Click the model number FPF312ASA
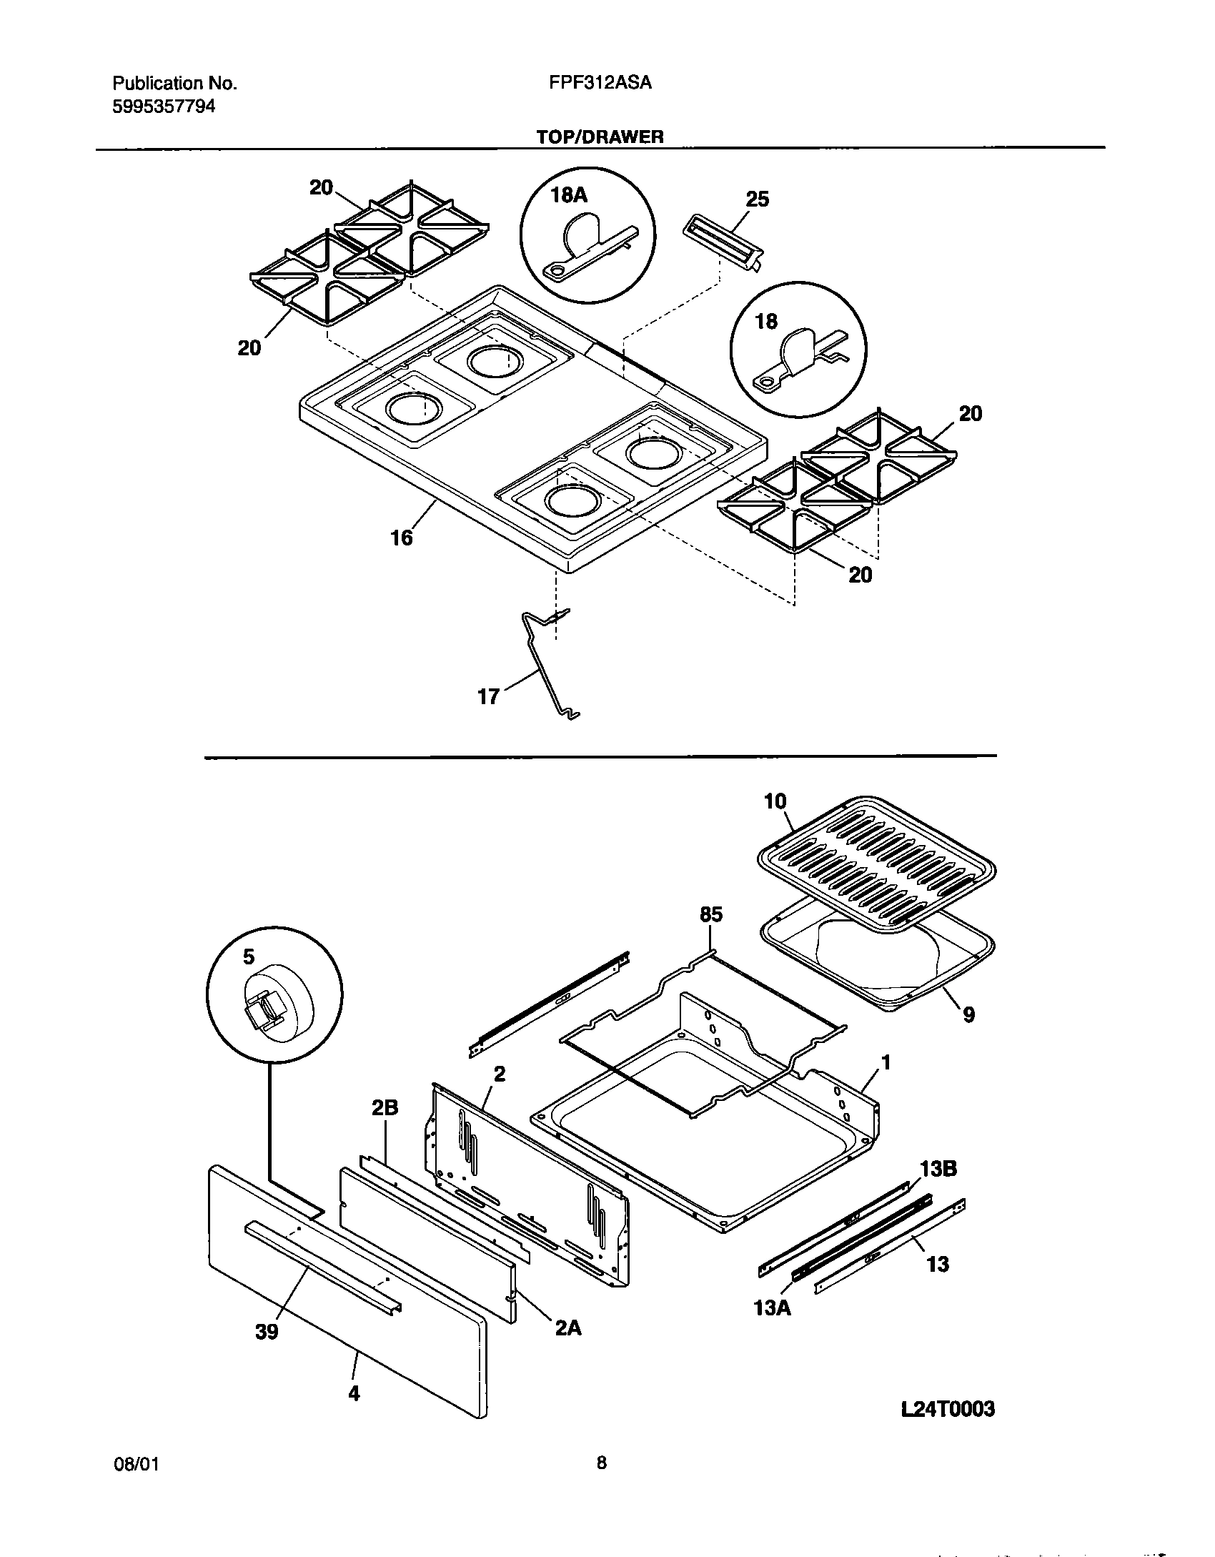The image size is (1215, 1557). [600, 83]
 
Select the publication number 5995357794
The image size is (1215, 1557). [164, 107]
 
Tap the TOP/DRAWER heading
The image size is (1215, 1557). [600, 137]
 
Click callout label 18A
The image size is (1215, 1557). [569, 194]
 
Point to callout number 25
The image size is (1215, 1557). [757, 199]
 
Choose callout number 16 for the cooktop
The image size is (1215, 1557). [402, 538]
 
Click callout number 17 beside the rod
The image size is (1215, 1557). [488, 696]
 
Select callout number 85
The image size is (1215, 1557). [711, 914]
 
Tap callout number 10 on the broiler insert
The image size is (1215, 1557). [775, 801]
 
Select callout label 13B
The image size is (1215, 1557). [938, 1169]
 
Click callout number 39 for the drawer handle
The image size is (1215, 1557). [266, 1332]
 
